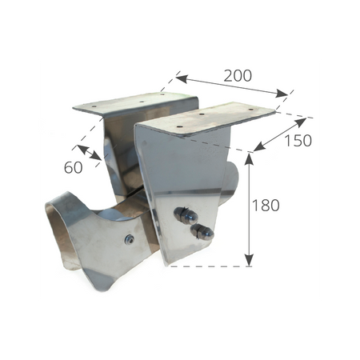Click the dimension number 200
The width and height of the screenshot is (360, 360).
(x=238, y=76)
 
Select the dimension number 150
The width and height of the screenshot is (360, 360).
(x=298, y=141)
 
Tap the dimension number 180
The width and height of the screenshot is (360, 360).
(x=266, y=206)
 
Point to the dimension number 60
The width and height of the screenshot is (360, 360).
(x=73, y=167)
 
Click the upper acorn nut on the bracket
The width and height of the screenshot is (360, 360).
(x=186, y=215)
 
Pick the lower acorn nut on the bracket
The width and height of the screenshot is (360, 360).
(x=202, y=231)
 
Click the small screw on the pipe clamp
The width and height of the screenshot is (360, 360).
(x=130, y=239)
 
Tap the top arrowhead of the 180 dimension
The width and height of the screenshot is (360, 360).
(x=249, y=158)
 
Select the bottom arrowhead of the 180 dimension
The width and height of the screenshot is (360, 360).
(x=249, y=261)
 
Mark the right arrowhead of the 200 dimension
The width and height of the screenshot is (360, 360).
(x=282, y=94)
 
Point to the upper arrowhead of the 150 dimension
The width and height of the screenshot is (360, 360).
(x=301, y=122)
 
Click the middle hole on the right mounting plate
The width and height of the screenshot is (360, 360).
(x=202, y=114)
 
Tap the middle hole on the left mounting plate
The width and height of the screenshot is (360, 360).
(x=142, y=102)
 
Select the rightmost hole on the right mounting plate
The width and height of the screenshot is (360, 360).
(x=250, y=109)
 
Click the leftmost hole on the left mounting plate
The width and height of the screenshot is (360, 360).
(x=94, y=106)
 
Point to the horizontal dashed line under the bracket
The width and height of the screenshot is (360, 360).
(x=210, y=266)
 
